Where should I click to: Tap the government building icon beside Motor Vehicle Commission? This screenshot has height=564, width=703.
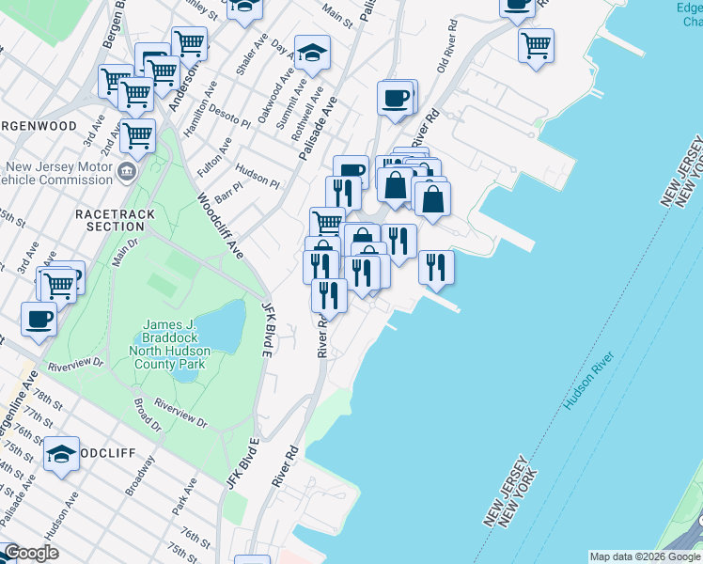point(127,172)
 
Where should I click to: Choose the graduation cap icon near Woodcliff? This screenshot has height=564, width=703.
point(62,455)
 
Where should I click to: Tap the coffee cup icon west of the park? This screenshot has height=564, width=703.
point(39,318)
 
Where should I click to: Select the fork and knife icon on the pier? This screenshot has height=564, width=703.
point(436,266)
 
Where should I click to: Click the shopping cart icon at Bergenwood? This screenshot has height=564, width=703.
point(138,135)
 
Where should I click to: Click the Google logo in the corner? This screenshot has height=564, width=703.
point(31,553)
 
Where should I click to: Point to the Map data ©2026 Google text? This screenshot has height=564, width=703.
point(646,556)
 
